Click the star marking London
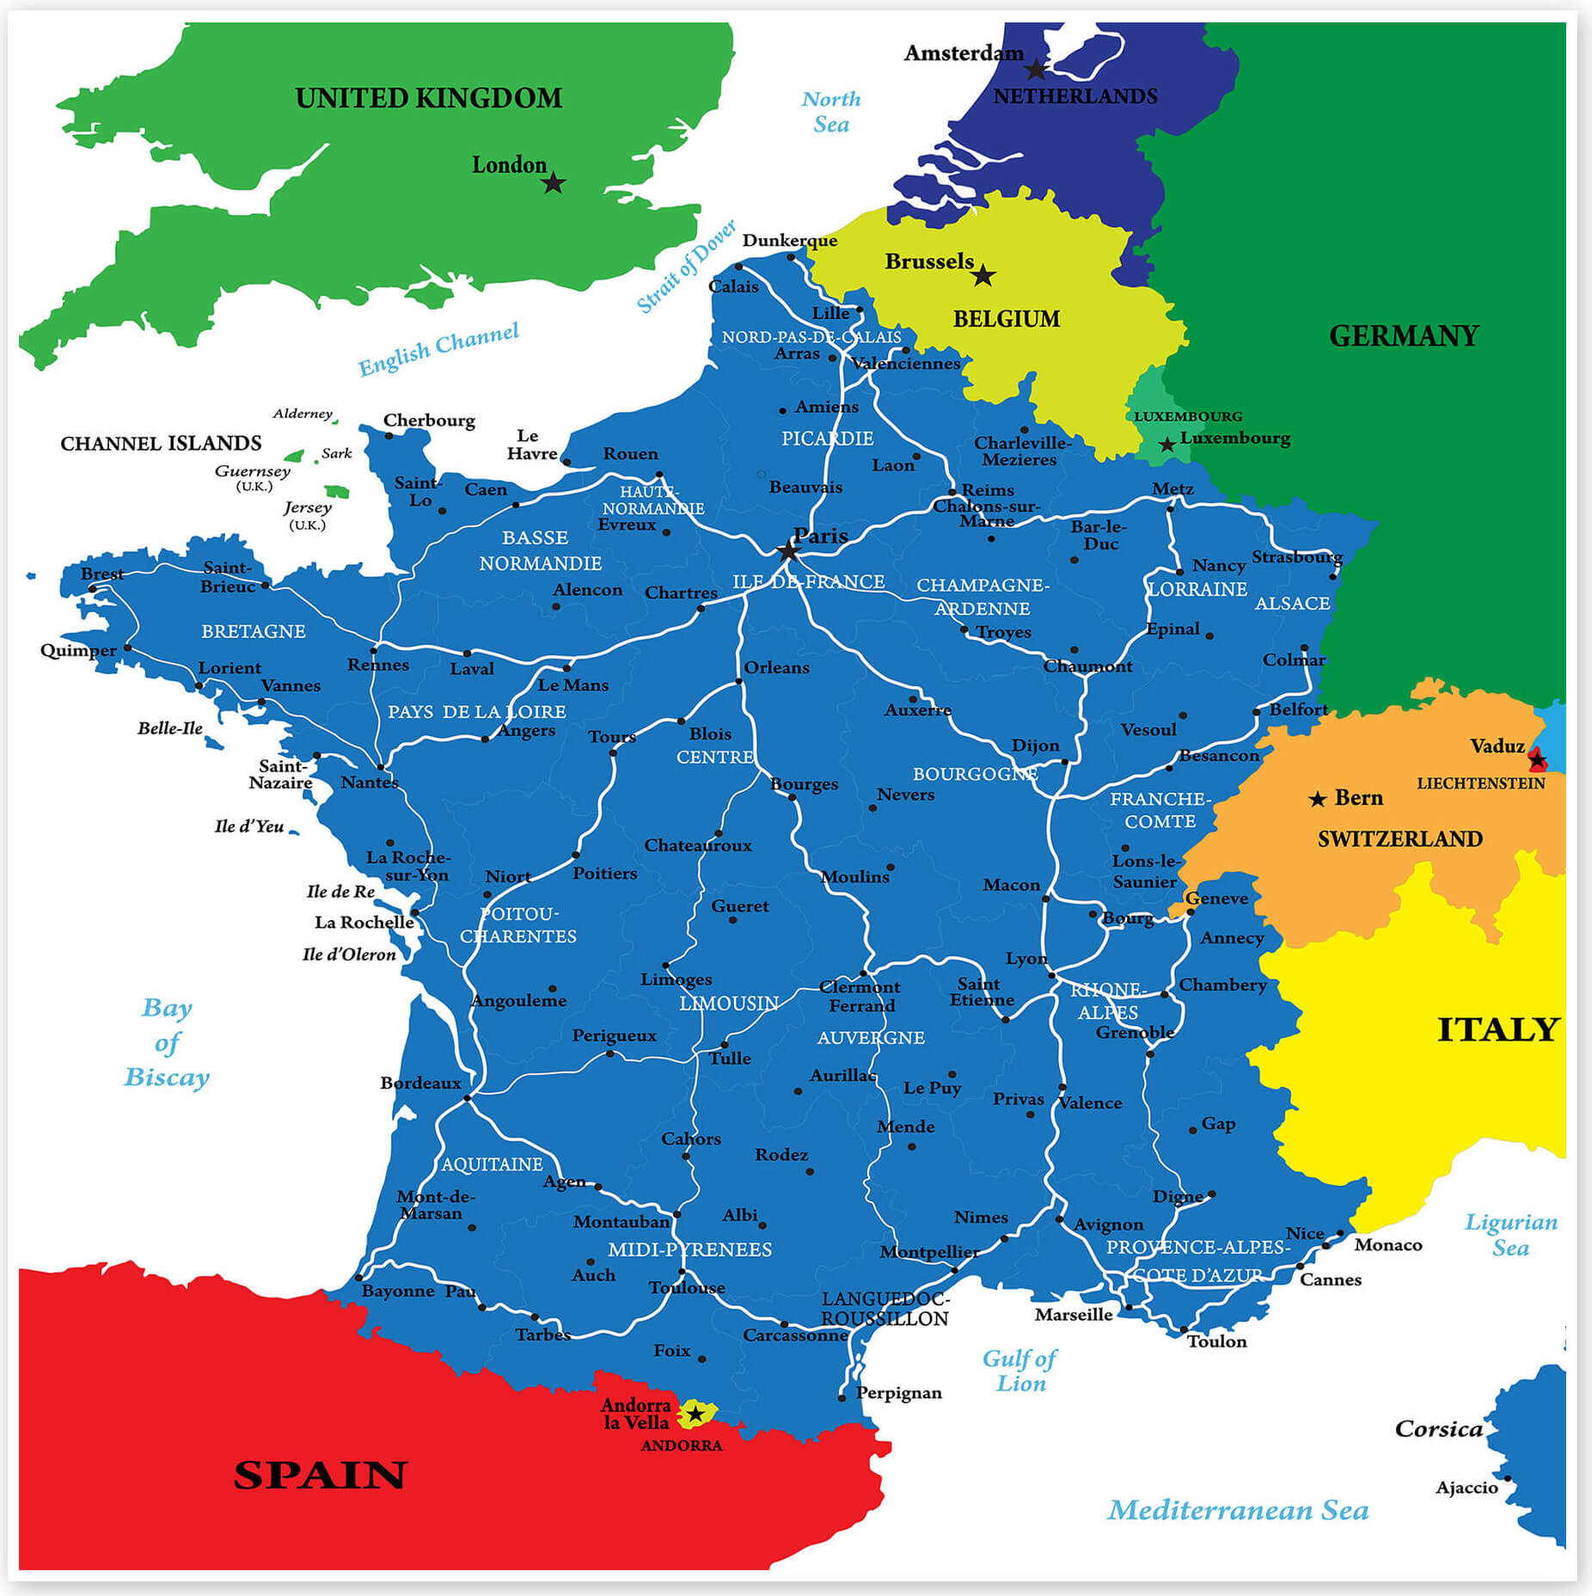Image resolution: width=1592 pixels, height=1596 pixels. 554,183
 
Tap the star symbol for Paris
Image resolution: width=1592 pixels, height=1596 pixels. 787,551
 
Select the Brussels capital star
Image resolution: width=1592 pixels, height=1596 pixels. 983,276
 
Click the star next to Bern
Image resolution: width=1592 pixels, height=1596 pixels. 1317,800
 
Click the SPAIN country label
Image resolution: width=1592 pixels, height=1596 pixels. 320,1476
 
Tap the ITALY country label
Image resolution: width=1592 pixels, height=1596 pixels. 1497,1029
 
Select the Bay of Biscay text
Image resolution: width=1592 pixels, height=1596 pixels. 167,1042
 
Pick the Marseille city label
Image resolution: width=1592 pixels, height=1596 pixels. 1073,1315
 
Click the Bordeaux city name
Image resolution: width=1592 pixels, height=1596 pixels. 420,1083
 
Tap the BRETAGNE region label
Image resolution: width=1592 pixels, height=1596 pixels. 253,631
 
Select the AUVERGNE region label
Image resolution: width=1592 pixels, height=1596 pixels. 870,1038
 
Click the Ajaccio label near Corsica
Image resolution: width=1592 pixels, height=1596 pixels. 1466,1488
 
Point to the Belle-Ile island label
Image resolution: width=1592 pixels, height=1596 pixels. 170,728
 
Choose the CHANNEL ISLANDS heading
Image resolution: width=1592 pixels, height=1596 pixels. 161,444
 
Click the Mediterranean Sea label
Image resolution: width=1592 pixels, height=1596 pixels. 1237,1510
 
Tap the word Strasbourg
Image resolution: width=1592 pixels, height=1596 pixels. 1296,557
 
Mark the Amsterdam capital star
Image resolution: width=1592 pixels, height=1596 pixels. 1037,69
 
